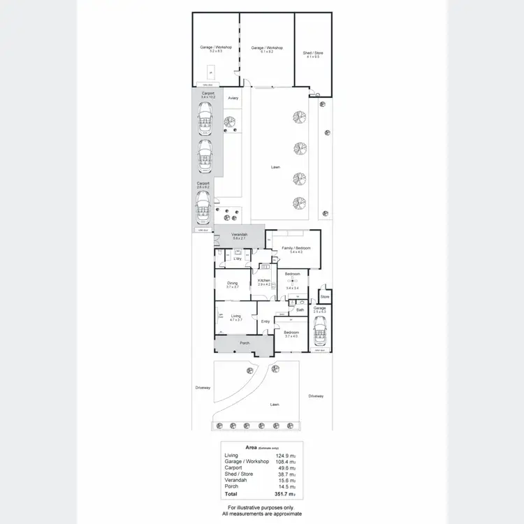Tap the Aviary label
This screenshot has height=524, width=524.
tap(233, 98)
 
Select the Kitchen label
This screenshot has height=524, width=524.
tap(264, 280)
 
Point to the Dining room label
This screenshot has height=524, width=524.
tap(232, 283)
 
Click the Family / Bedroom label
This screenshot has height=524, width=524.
tap(296, 248)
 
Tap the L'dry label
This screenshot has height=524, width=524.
tap(238, 259)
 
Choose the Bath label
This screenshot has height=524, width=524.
tap(300, 310)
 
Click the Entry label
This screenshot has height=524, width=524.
tap(265, 321)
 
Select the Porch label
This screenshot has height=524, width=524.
tap(245, 343)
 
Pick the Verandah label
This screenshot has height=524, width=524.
tap(240, 235)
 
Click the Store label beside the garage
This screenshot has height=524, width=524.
tap(323, 296)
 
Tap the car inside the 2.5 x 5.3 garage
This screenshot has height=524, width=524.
tap(320, 332)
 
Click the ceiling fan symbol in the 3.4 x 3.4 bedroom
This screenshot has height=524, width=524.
tap(293, 282)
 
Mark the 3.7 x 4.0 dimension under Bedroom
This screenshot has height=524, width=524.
tap(291, 336)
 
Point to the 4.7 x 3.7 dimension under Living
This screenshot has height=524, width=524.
tap(235, 319)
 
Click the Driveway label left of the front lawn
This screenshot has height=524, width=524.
tap(203, 388)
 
